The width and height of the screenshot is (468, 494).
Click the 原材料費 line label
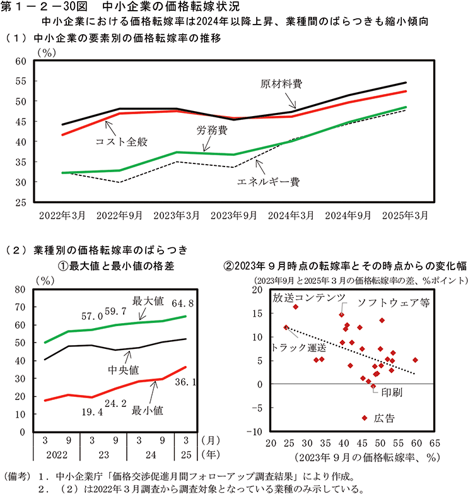tap(281, 83)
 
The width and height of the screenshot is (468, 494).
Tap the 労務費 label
tap(211, 131)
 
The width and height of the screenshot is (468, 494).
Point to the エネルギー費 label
tap(267, 182)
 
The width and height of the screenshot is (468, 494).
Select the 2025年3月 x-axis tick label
tap(406, 215)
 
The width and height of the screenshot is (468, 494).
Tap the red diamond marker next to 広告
tap(364, 418)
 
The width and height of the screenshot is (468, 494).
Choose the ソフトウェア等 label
tap(393, 302)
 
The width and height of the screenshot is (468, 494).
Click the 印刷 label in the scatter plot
tap(390, 391)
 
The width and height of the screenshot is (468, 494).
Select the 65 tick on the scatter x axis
tap(434, 444)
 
